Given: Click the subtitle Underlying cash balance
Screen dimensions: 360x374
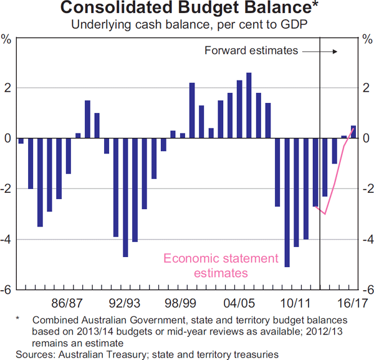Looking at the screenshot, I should (x=187, y=25).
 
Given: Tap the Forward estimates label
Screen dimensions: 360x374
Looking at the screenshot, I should (x=251, y=50).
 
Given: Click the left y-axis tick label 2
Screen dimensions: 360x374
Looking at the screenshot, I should (x=7, y=87).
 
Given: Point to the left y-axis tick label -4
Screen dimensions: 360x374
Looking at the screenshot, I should (x=6, y=240).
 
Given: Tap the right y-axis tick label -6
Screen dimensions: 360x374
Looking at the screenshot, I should (x=368, y=291).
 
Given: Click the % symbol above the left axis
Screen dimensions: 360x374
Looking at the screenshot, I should (x=7, y=41).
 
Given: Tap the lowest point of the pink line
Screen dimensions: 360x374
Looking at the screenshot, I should (x=325, y=213).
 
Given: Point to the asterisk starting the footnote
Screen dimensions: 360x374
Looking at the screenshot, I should (x=19, y=319).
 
